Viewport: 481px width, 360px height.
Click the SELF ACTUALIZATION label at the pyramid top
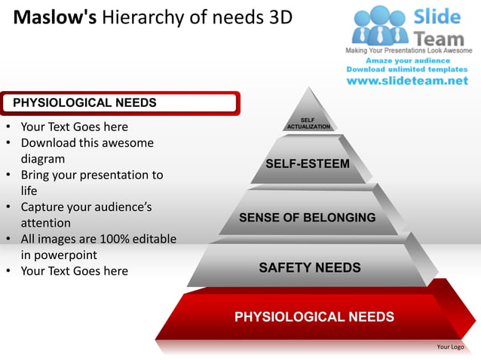(308, 124)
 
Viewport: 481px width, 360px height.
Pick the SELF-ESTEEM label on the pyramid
(308, 163)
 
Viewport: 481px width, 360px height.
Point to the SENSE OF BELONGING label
(307, 218)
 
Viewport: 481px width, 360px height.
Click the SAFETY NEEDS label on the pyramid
(310, 267)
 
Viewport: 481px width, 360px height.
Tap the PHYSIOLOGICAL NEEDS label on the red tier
(314, 316)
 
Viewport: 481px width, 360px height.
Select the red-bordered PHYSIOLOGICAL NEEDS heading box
(121, 103)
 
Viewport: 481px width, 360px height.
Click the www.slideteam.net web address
(407, 81)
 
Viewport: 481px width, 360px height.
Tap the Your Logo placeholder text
(450, 347)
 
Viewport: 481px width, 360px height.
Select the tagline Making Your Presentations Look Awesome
(408, 50)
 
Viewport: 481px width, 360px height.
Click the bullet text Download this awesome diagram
(87, 151)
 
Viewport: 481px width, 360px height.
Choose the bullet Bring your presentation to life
(90, 182)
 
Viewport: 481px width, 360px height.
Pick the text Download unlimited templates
(408, 69)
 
